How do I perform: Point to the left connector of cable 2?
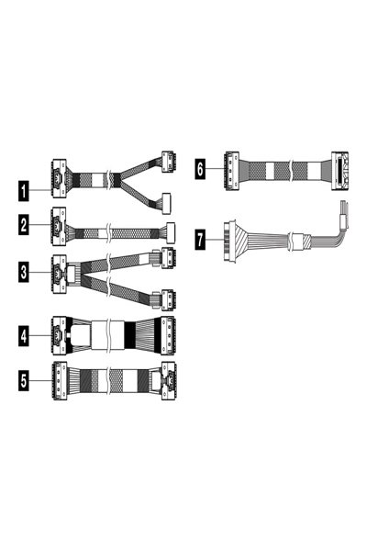point(58,227)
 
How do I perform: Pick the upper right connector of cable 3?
point(168,256)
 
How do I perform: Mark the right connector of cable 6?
point(340,168)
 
